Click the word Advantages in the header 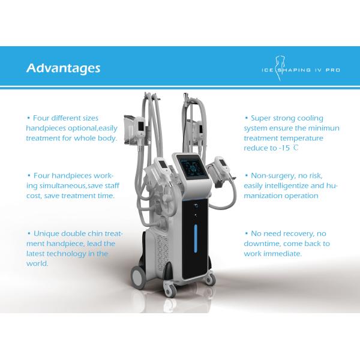63,68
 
